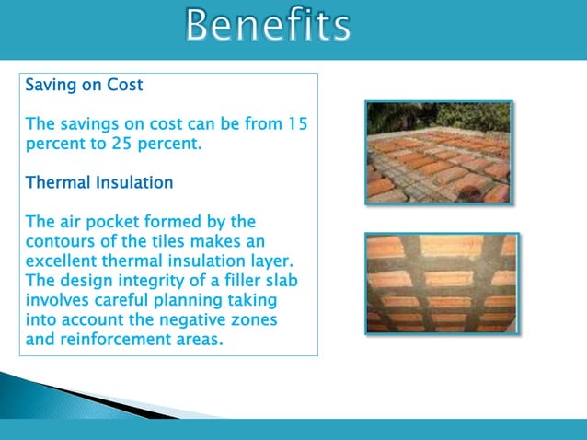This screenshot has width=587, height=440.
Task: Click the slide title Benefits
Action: (267, 26)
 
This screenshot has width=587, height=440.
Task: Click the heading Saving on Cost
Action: (84, 86)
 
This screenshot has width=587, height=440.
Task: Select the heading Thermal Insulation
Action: (99, 182)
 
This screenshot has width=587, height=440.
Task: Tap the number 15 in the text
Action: (297, 123)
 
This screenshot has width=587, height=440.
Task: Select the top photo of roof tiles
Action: (438, 152)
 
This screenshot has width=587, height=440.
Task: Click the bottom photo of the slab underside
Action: (441, 283)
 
